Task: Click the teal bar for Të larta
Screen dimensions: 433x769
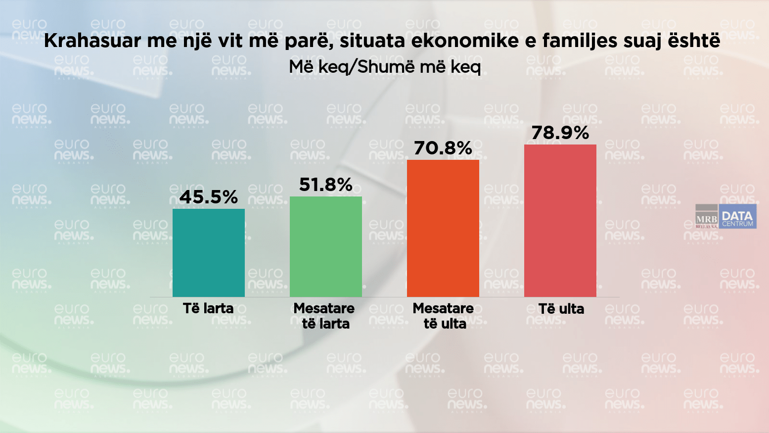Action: pos(208,253)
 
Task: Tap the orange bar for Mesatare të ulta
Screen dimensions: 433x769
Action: pos(443,228)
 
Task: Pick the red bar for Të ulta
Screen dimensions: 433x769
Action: pos(560,221)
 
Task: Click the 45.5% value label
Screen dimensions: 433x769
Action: pos(208,197)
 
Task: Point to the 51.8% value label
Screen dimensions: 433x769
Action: pos(325,185)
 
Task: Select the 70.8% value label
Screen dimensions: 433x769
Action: pos(443,148)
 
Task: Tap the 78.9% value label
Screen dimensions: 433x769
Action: pos(560,133)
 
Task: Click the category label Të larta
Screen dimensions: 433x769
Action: pos(208,308)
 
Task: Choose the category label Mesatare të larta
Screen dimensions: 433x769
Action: pos(324,316)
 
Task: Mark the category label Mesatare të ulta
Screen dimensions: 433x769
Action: pos(443,316)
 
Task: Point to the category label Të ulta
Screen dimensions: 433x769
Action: pos(561,309)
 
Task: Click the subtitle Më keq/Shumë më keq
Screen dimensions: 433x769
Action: pos(385,66)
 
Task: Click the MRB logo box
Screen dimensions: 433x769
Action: pos(706,217)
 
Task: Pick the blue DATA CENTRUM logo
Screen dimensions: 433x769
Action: pos(737,217)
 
